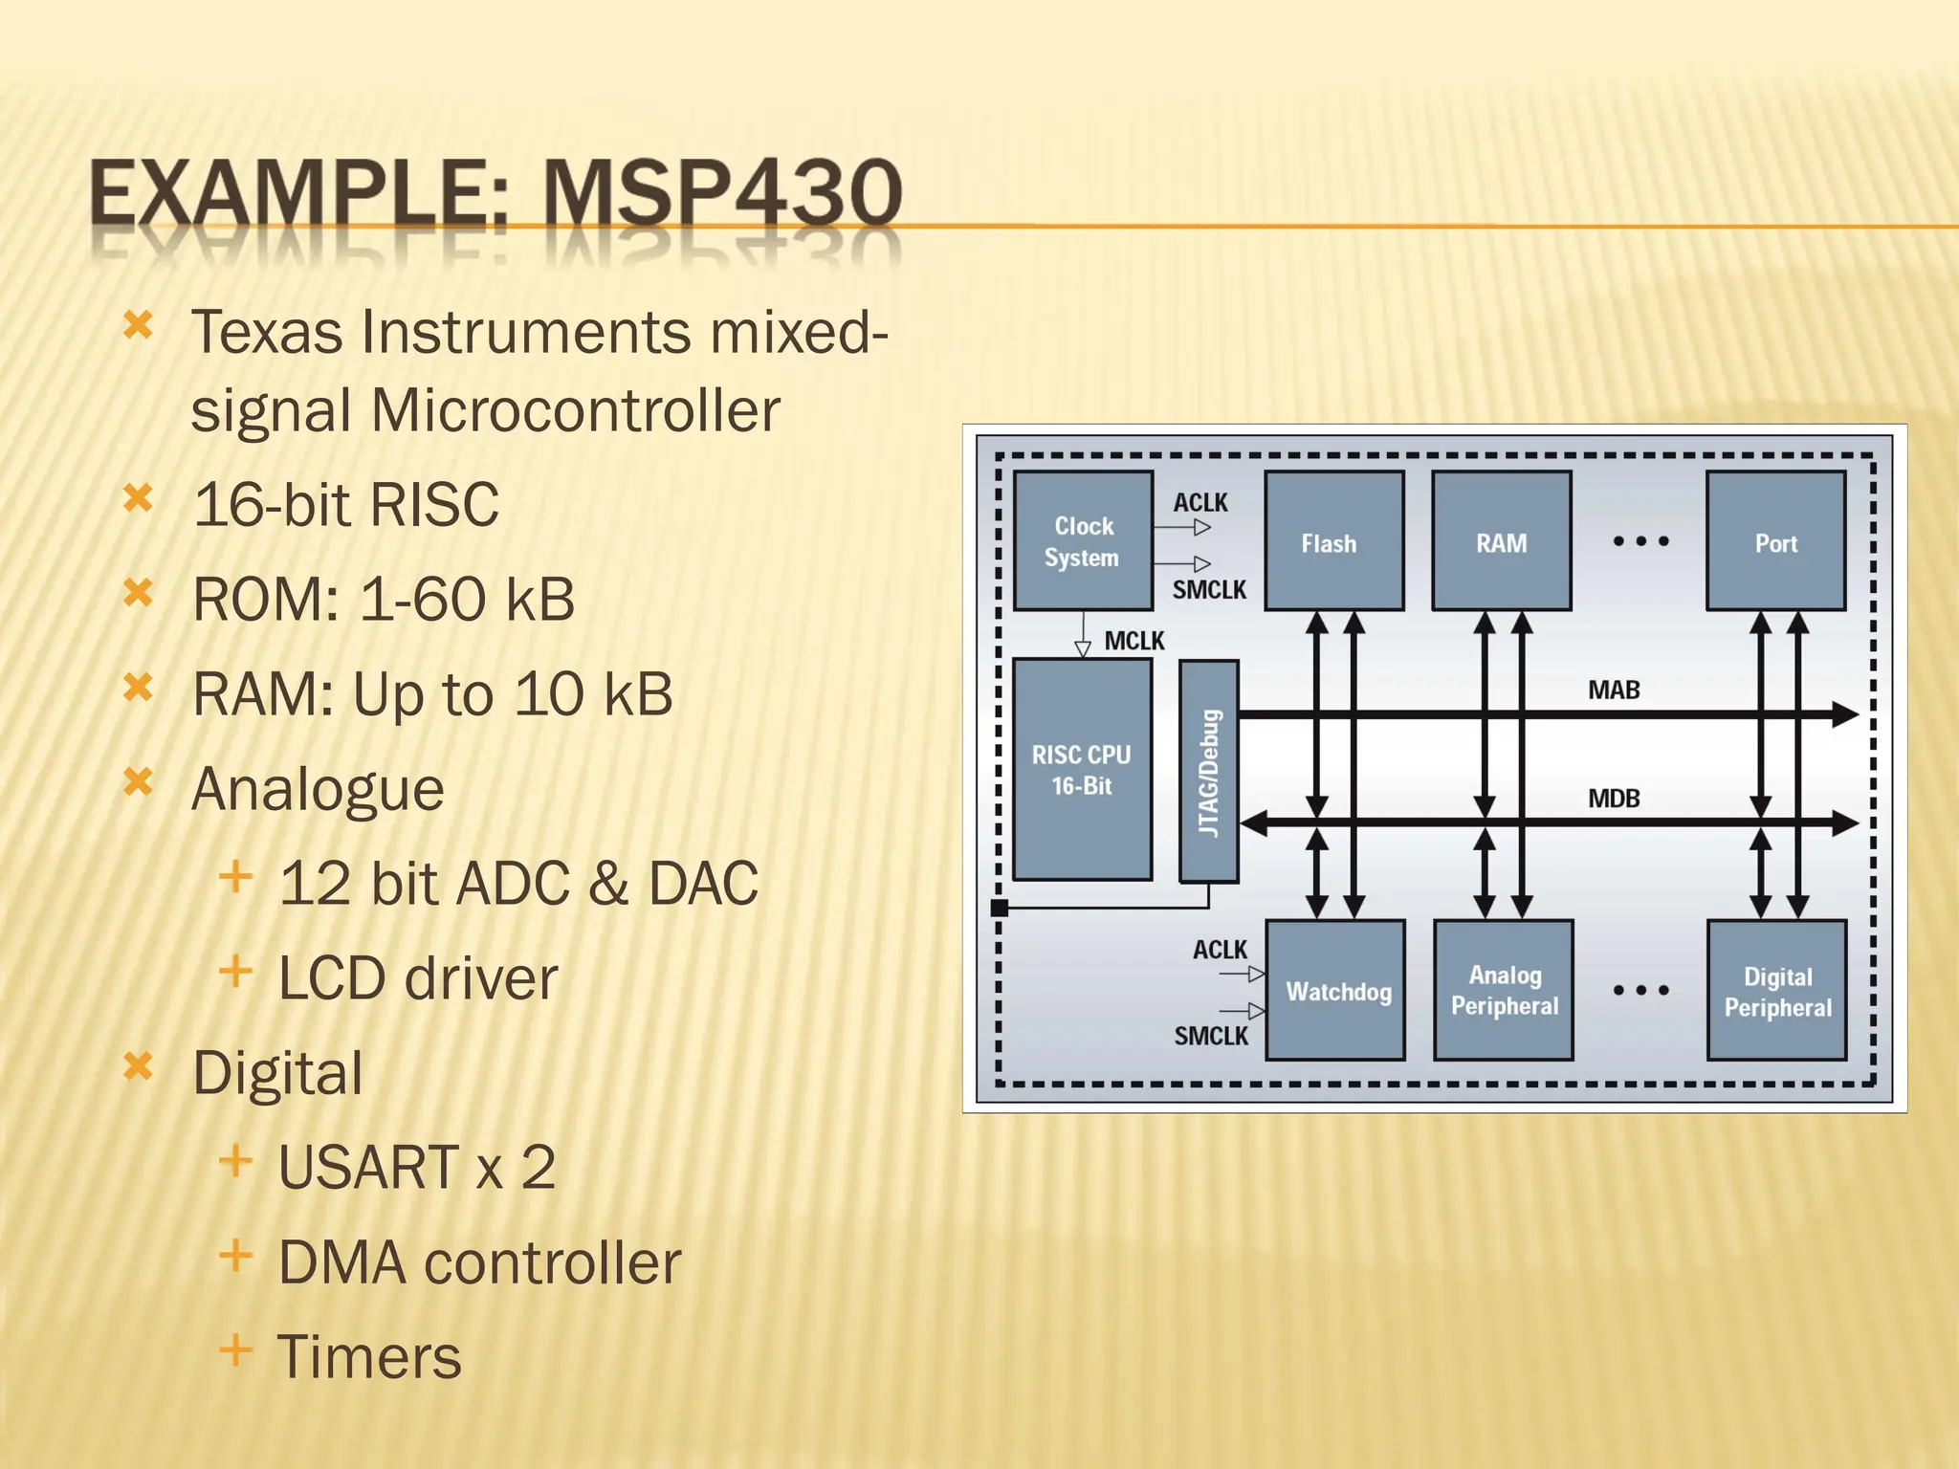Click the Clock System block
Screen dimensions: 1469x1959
tap(1083, 541)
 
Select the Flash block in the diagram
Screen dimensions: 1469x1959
tap(1333, 541)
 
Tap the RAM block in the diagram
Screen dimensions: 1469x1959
tap(1501, 541)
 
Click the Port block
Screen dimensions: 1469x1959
tap(1775, 541)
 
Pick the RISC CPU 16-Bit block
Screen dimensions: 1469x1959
tap(1082, 769)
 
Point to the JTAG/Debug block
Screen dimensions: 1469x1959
tap(1209, 771)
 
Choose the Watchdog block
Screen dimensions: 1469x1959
tap(1335, 991)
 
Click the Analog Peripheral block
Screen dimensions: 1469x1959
tap(1504, 991)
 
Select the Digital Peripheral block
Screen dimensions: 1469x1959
tap(1776, 991)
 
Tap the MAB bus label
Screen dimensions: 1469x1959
tap(1614, 690)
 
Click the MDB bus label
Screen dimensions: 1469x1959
tap(1614, 798)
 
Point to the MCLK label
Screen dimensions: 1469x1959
tap(1134, 641)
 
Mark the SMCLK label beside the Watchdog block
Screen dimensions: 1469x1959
tap(1211, 1036)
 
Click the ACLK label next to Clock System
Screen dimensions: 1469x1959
tap(1200, 503)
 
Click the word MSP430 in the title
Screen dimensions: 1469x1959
tap(722, 193)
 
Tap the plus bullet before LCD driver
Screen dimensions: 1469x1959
tap(235, 972)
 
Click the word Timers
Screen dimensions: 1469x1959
tap(369, 1356)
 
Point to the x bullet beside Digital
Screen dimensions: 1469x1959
tap(139, 1065)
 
